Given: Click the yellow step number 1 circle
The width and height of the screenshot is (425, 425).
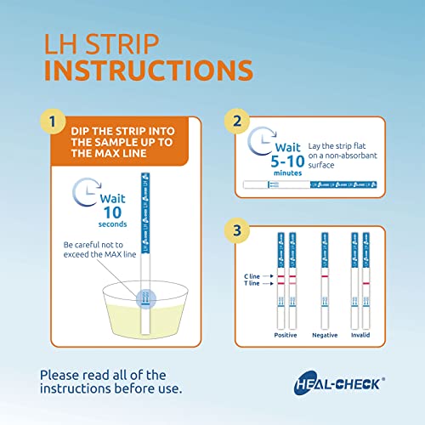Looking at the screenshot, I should (57, 122).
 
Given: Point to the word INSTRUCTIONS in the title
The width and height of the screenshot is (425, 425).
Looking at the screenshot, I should (148, 69).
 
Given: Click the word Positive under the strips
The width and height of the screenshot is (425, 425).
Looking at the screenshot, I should (286, 335).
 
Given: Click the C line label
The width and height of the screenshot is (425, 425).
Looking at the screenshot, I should (258, 277).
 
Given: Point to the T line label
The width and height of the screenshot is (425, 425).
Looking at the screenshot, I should (258, 285).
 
